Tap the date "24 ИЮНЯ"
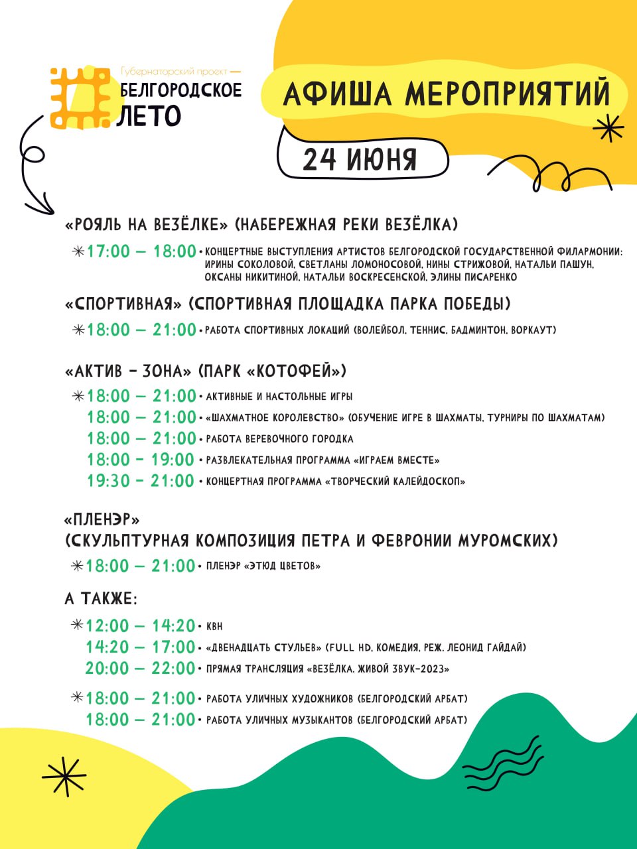(360, 160)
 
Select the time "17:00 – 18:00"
(141, 252)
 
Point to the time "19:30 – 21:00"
(140, 481)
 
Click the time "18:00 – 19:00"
(140, 460)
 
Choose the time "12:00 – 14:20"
(141, 625)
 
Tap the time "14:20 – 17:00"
(141, 647)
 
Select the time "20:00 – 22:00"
(140, 668)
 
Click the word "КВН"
(214, 626)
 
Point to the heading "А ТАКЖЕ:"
(101, 599)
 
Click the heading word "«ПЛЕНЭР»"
(102, 519)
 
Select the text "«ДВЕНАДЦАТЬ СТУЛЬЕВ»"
(265, 647)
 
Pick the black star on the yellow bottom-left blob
(64, 776)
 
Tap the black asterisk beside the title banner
(608, 127)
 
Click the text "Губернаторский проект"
(174, 71)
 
